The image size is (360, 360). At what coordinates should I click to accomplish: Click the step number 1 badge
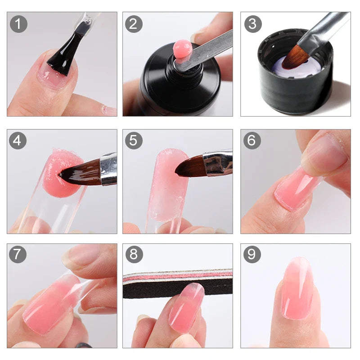click(x=18, y=23)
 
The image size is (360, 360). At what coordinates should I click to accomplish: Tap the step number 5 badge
click(x=133, y=140)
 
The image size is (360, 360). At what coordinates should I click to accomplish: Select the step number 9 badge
click(x=252, y=255)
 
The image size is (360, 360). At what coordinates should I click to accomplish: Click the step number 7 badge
click(x=18, y=255)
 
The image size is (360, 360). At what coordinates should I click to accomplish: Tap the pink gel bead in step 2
click(x=182, y=49)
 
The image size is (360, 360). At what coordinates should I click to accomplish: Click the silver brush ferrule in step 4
click(x=108, y=168)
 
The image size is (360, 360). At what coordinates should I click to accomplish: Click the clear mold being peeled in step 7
click(x=90, y=288)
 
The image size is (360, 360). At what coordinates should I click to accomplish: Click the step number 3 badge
click(x=252, y=23)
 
